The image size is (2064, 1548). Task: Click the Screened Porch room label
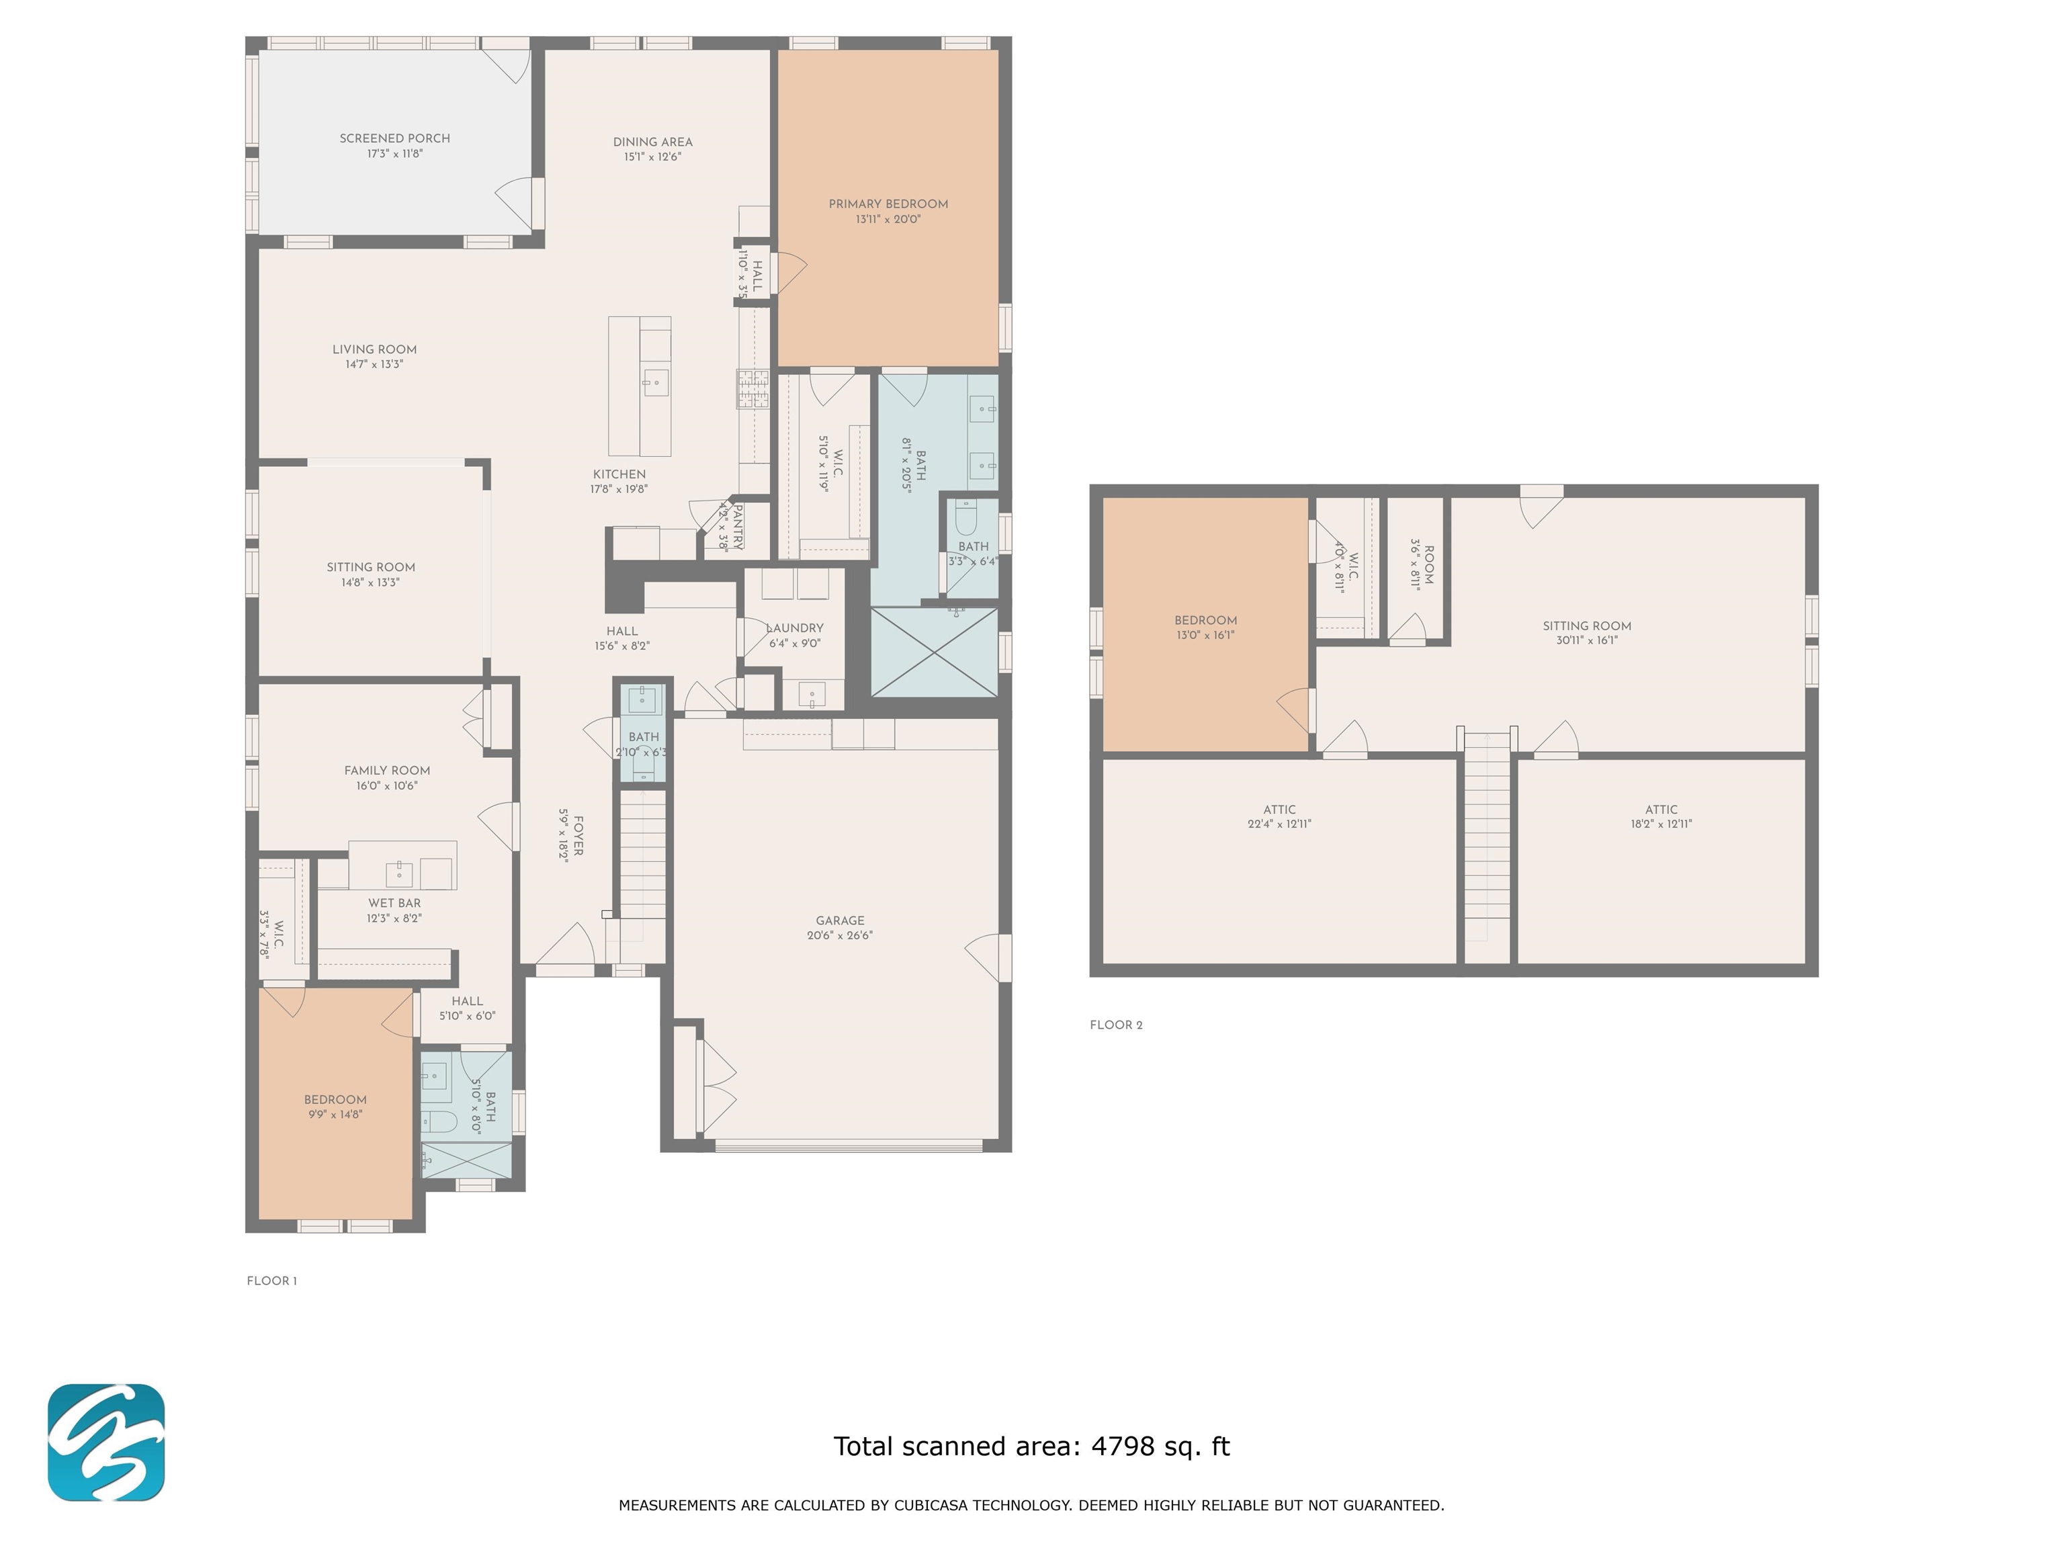click(x=394, y=138)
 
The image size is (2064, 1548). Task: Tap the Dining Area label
click(x=652, y=142)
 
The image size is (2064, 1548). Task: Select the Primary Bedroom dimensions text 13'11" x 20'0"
click(x=888, y=219)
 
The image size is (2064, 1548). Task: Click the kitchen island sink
click(x=655, y=382)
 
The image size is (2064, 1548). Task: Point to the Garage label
click(x=840, y=920)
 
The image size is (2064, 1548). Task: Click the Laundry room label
click(x=795, y=628)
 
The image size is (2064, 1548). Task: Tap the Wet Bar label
click(x=394, y=903)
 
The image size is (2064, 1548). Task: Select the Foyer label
click(x=578, y=836)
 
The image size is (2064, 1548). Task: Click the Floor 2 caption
click(x=1116, y=1025)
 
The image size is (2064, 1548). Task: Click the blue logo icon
click(x=106, y=1443)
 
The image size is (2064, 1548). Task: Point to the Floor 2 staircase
click(x=1486, y=849)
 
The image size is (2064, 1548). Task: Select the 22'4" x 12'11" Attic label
click(x=1279, y=816)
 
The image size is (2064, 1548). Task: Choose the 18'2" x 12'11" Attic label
click(x=1661, y=816)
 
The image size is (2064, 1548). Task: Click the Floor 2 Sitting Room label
click(x=1586, y=626)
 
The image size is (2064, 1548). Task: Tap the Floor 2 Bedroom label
click(x=1205, y=621)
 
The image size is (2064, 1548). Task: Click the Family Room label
click(x=387, y=771)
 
